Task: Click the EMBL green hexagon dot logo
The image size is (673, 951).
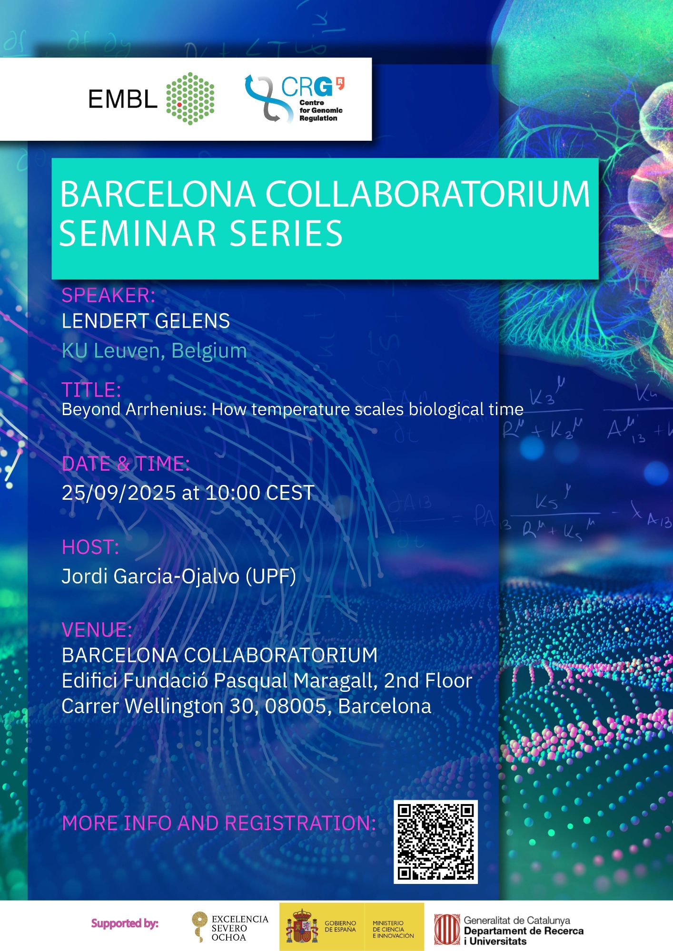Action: point(190,99)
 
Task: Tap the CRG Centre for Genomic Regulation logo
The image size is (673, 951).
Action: point(295,99)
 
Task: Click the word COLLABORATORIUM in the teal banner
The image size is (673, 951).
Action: point(427,194)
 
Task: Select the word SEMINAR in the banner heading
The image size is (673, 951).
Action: point(138,233)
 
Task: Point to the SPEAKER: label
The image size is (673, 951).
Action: point(109,296)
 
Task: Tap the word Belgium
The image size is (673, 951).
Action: point(209,351)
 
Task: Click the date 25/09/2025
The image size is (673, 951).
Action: point(119,493)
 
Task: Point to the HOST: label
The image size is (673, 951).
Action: point(90,547)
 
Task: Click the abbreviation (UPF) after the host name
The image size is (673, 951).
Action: point(271,577)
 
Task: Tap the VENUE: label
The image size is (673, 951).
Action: point(97,630)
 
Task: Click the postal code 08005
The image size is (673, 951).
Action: point(298,707)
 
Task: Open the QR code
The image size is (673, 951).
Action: point(435,842)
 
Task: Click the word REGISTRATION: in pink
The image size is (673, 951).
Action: point(300,823)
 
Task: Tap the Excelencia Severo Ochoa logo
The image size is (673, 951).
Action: point(230,928)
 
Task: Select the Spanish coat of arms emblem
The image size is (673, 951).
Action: point(302,927)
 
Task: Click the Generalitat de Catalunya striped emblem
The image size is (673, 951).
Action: point(447,930)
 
